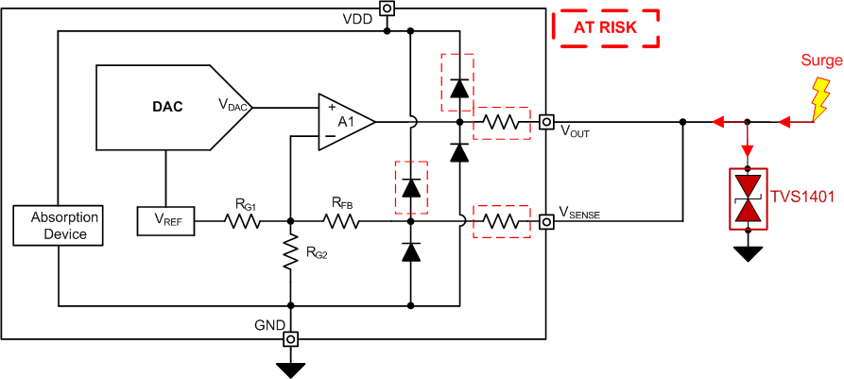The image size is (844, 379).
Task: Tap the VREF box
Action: point(165,221)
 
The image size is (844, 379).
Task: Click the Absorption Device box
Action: point(58,226)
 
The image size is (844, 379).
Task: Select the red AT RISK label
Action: point(605,28)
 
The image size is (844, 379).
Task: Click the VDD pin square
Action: point(387,9)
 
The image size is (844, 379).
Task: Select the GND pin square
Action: point(291,337)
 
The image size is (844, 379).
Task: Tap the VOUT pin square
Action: point(546,121)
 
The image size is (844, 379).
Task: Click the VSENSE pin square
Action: point(546,221)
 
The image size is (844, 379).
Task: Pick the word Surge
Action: point(819,60)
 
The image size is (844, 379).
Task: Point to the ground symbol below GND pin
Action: point(291,366)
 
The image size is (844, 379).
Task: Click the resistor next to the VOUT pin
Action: point(498,121)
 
